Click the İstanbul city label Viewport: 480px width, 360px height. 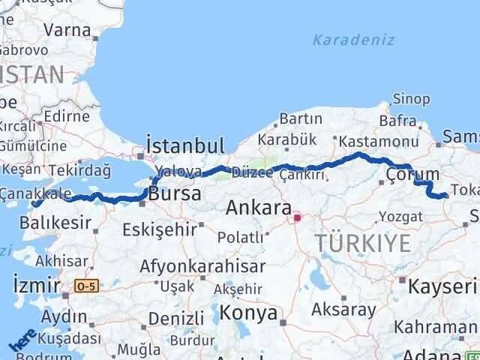click(x=185, y=146)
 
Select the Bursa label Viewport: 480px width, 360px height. click(x=175, y=194)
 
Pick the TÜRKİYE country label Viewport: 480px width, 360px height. click(x=363, y=242)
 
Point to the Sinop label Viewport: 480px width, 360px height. click(x=411, y=99)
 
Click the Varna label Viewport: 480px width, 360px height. click(x=67, y=31)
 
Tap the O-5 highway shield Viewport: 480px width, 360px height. click(x=86, y=285)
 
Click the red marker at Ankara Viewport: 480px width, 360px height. click(x=297, y=218)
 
